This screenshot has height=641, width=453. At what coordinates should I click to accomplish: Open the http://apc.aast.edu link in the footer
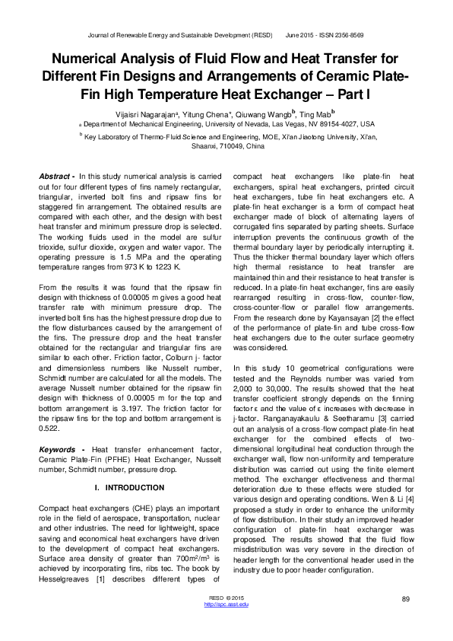point(227,604)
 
